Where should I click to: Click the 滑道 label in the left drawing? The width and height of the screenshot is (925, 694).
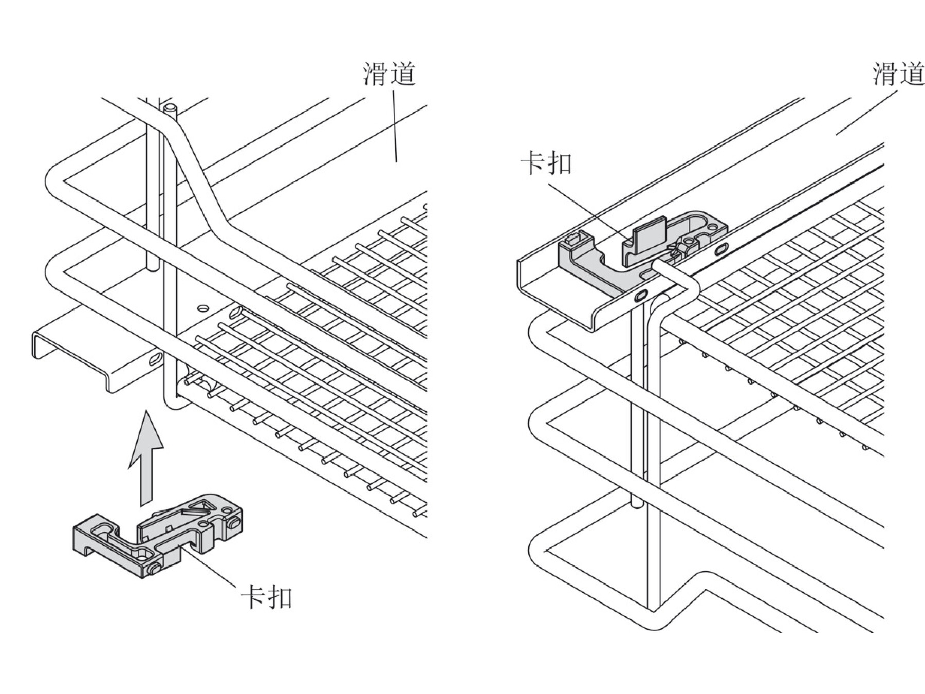(389, 74)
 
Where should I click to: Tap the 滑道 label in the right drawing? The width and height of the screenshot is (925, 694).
(898, 75)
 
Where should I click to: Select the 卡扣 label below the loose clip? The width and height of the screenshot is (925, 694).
(267, 597)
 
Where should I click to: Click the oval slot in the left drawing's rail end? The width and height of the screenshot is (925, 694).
(154, 358)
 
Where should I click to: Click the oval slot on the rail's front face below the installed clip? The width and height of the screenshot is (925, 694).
(641, 296)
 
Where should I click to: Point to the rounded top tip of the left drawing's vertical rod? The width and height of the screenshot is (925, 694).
(170, 108)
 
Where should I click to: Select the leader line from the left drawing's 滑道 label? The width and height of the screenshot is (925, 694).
(395, 126)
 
